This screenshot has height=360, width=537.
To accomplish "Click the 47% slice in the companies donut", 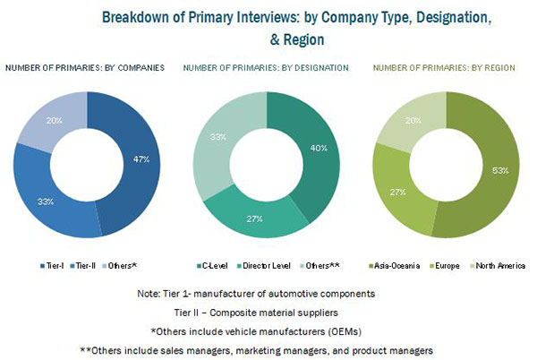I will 135,161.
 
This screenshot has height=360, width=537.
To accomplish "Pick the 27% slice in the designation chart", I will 254,219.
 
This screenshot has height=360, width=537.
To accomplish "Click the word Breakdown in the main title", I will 138,16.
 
